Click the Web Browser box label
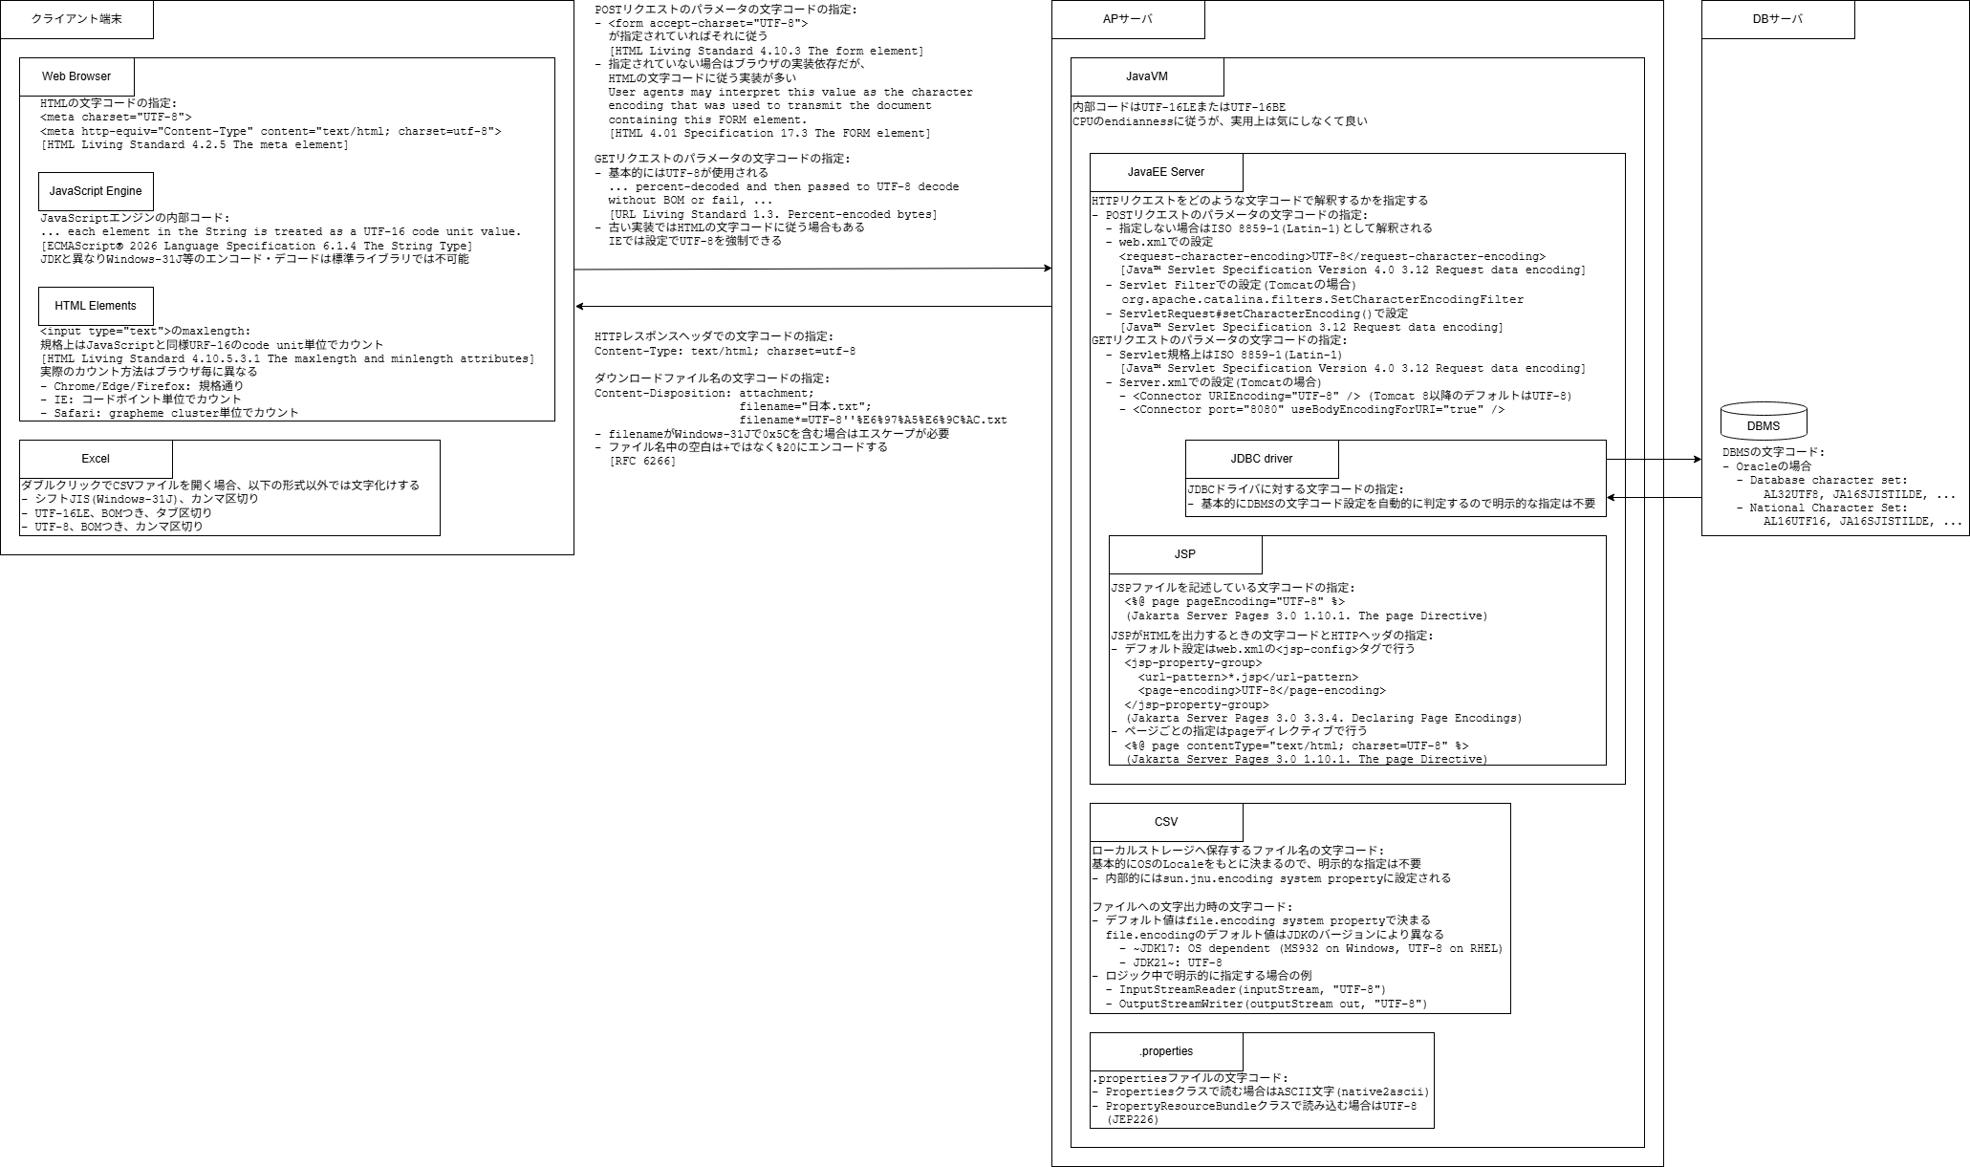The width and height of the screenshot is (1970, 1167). pos(76,76)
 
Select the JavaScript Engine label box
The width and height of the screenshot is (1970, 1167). pos(96,191)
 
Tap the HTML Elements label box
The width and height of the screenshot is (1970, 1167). pos(96,306)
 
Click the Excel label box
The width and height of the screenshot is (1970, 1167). pos(96,459)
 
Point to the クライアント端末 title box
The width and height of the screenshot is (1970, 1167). pos(76,19)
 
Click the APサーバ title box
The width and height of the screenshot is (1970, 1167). pos(1128,19)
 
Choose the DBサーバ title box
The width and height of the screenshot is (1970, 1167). pos(1778,19)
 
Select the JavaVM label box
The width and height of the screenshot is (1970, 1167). pos(1147,76)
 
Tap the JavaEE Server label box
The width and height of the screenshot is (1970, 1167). pos(1166,172)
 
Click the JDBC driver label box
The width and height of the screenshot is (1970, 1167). pos(1262,459)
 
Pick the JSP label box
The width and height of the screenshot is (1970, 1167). pos(1185,554)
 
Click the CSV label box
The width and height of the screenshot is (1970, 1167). pos(1166,822)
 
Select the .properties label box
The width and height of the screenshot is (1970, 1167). pos(1166,1051)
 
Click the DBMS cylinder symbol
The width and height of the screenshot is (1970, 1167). pos(1764,421)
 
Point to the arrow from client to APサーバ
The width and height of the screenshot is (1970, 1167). pos(812,269)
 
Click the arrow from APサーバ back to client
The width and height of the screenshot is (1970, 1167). pos(812,307)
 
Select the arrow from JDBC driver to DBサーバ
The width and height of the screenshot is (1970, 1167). pos(1654,460)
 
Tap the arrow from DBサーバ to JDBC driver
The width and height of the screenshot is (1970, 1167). pos(1654,497)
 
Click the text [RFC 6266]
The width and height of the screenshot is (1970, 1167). pos(642,462)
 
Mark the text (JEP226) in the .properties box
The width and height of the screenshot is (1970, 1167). pos(1133,1120)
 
